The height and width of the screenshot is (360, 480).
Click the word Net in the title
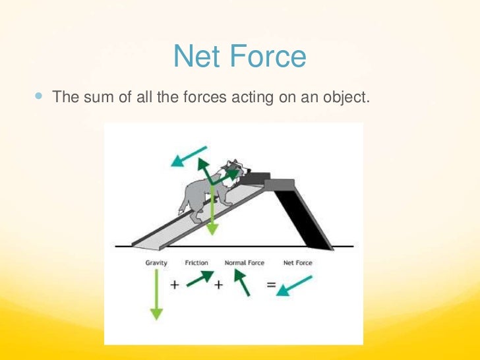tap(194, 57)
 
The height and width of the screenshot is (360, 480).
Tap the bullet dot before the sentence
tap(37, 96)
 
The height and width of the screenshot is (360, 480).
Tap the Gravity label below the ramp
tap(156, 262)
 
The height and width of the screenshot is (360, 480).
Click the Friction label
tap(197, 262)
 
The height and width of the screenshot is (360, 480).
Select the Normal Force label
tap(244, 262)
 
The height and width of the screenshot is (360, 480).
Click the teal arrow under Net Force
tap(294, 284)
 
